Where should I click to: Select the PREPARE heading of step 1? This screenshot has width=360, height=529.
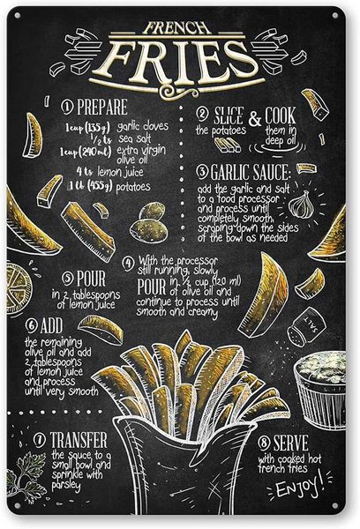103,108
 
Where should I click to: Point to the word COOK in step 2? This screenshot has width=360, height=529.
280,115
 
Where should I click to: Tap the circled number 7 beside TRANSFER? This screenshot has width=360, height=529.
40,438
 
